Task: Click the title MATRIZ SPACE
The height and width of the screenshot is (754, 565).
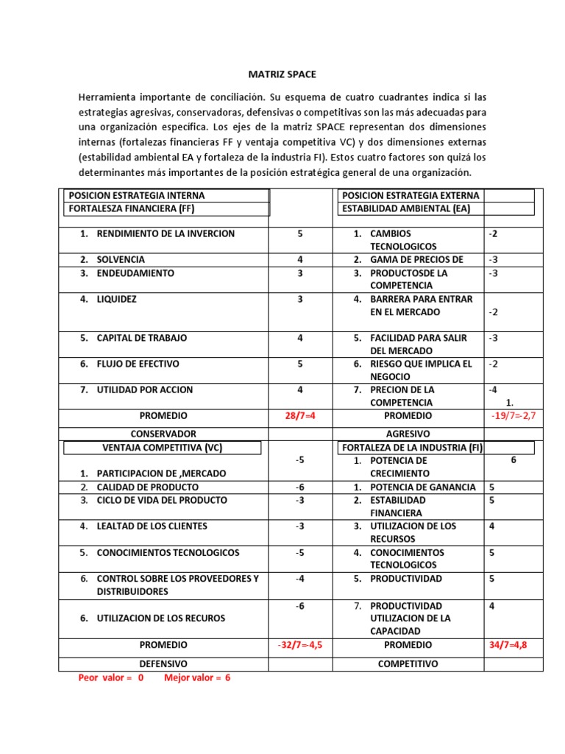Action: [x=282, y=74]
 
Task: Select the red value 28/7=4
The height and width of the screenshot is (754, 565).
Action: [x=299, y=416]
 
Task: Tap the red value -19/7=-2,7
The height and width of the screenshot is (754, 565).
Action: [x=513, y=416]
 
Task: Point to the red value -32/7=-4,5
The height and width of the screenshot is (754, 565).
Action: [x=299, y=644]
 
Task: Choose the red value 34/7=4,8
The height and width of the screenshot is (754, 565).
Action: [x=508, y=644]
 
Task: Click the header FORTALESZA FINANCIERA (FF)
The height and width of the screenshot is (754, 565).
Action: [x=130, y=208]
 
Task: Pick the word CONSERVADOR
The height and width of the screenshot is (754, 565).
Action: [x=163, y=434]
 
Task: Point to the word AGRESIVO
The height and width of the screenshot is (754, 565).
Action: [x=408, y=434]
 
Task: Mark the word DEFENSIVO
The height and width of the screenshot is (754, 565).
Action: [x=163, y=663]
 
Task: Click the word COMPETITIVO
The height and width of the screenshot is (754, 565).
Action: [x=408, y=663]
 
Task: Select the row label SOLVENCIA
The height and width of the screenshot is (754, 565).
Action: [x=121, y=259]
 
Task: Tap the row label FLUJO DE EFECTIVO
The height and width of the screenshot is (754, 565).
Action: [x=138, y=364]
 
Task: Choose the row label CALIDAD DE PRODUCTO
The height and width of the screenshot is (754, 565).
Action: [x=147, y=487]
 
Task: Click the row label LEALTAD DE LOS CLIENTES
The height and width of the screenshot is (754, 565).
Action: [x=152, y=526]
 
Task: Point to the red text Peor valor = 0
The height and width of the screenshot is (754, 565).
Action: [x=111, y=677]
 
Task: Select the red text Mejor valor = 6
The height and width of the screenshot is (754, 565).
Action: [x=197, y=677]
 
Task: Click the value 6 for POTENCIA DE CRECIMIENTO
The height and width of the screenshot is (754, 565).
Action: [x=513, y=459]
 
